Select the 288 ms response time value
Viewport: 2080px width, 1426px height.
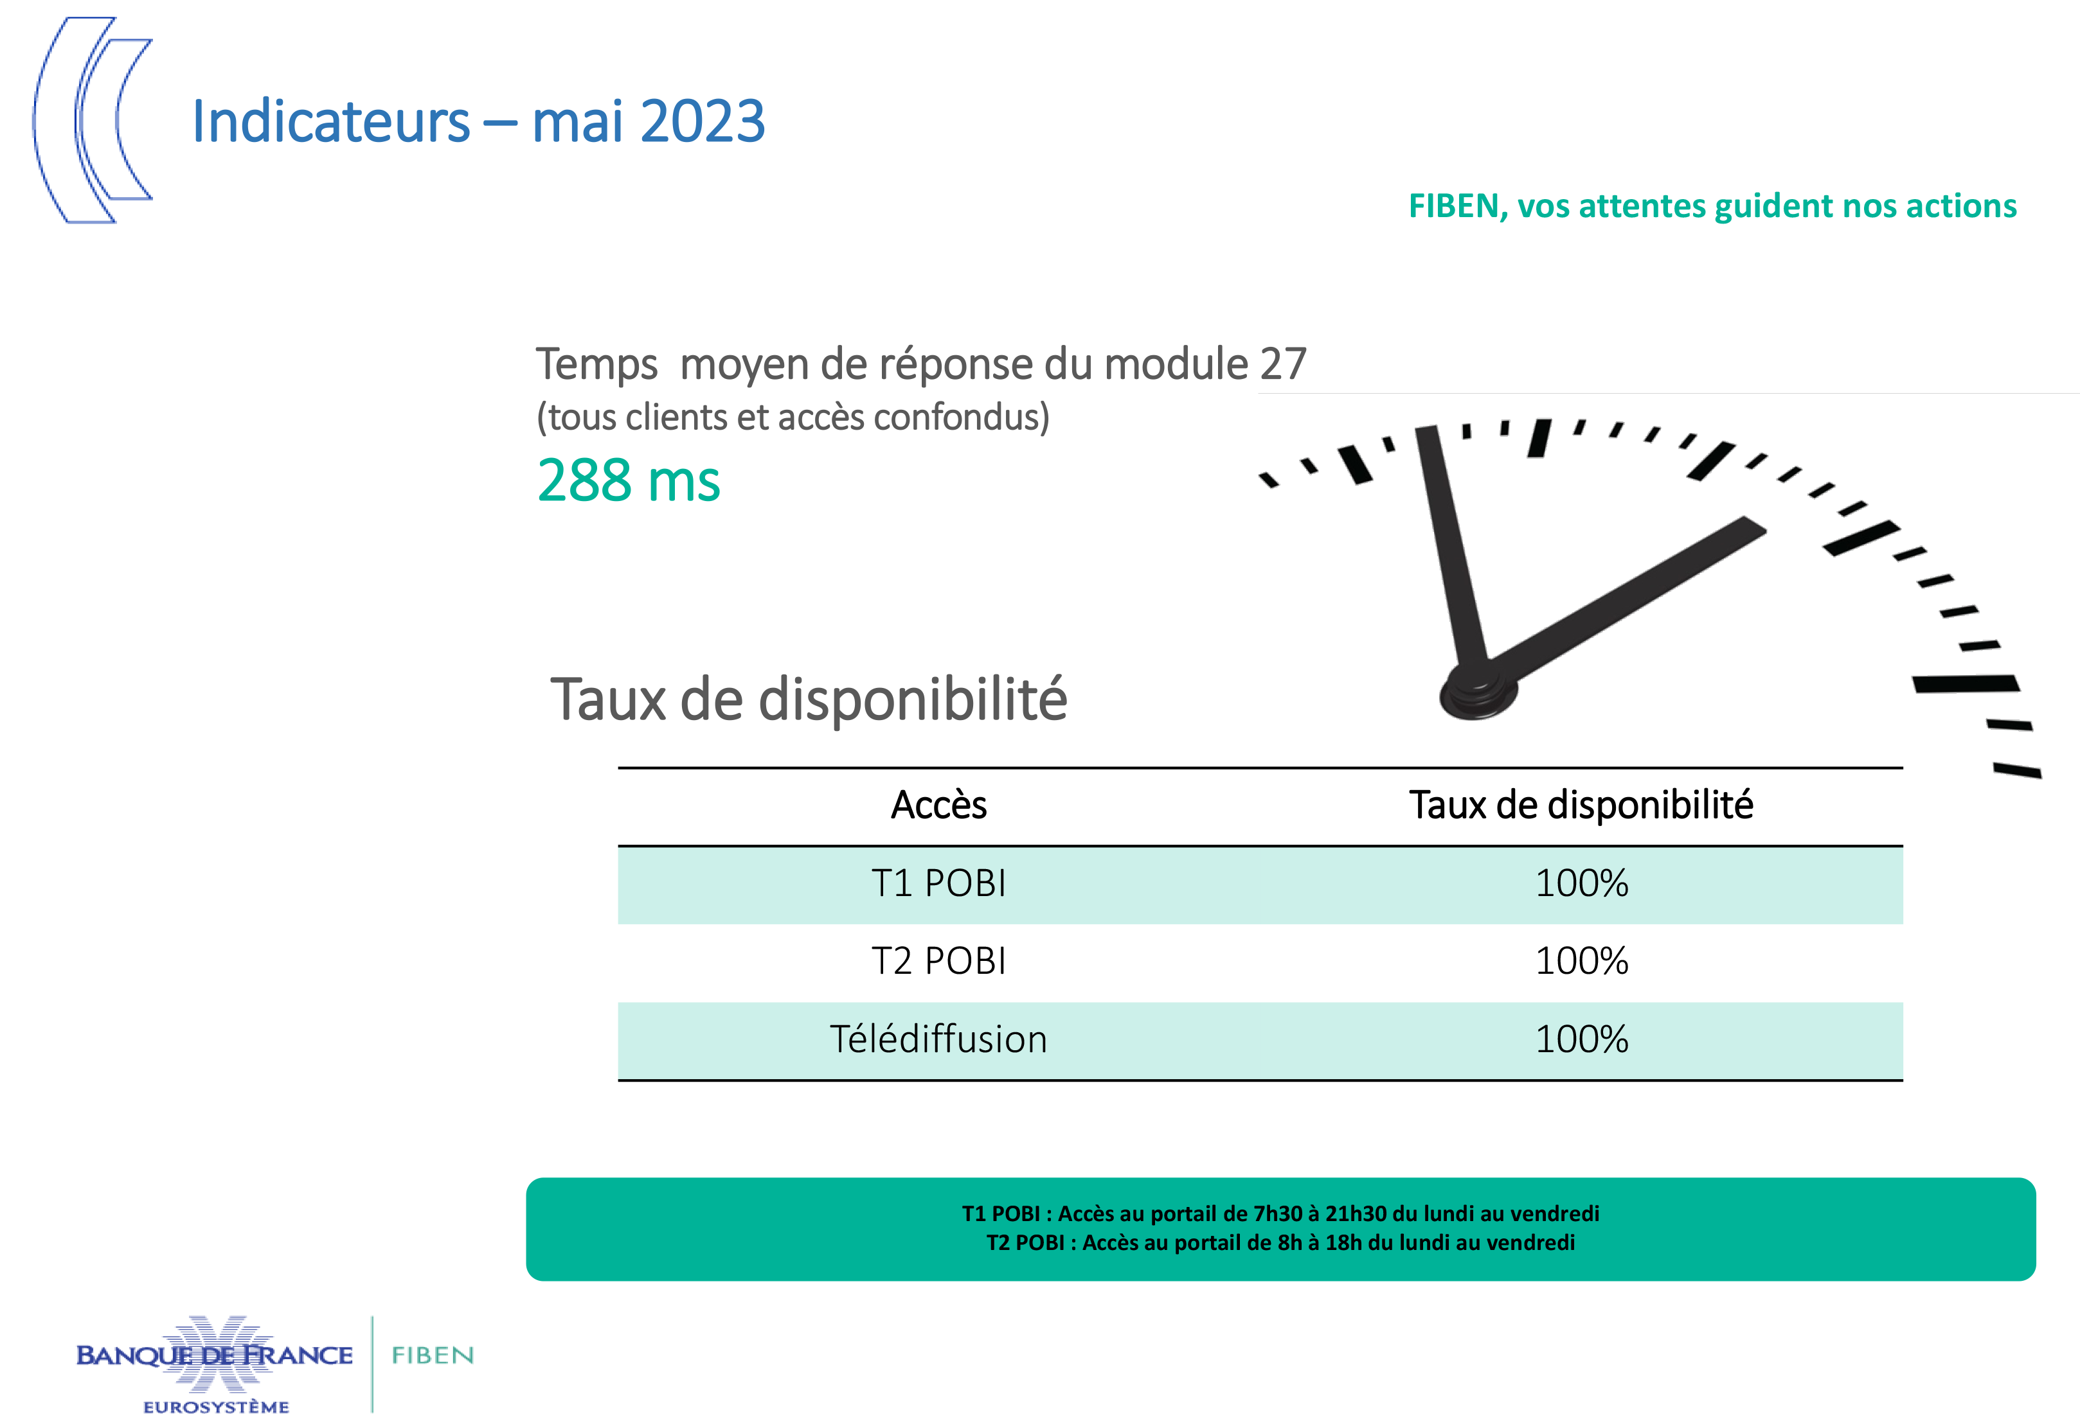[x=628, y=481]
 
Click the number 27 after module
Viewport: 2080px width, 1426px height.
[x=1282, y=364]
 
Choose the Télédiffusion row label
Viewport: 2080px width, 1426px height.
[x=938, y=1039]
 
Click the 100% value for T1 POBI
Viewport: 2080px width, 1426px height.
[x=1581, y=884]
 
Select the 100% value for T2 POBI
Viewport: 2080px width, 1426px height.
[x=1581, y=962]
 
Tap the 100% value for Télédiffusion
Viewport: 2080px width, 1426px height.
[x=1581, y=1039]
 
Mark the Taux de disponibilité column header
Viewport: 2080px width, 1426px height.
[x=1581, y=805]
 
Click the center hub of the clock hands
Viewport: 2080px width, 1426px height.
[x=1478, y=691]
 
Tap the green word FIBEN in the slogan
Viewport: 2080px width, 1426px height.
[x=1453, y=207]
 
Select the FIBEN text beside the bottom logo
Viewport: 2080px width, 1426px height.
[x=433, y=1355]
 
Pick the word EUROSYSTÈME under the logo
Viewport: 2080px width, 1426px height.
[x=216, y=1407]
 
